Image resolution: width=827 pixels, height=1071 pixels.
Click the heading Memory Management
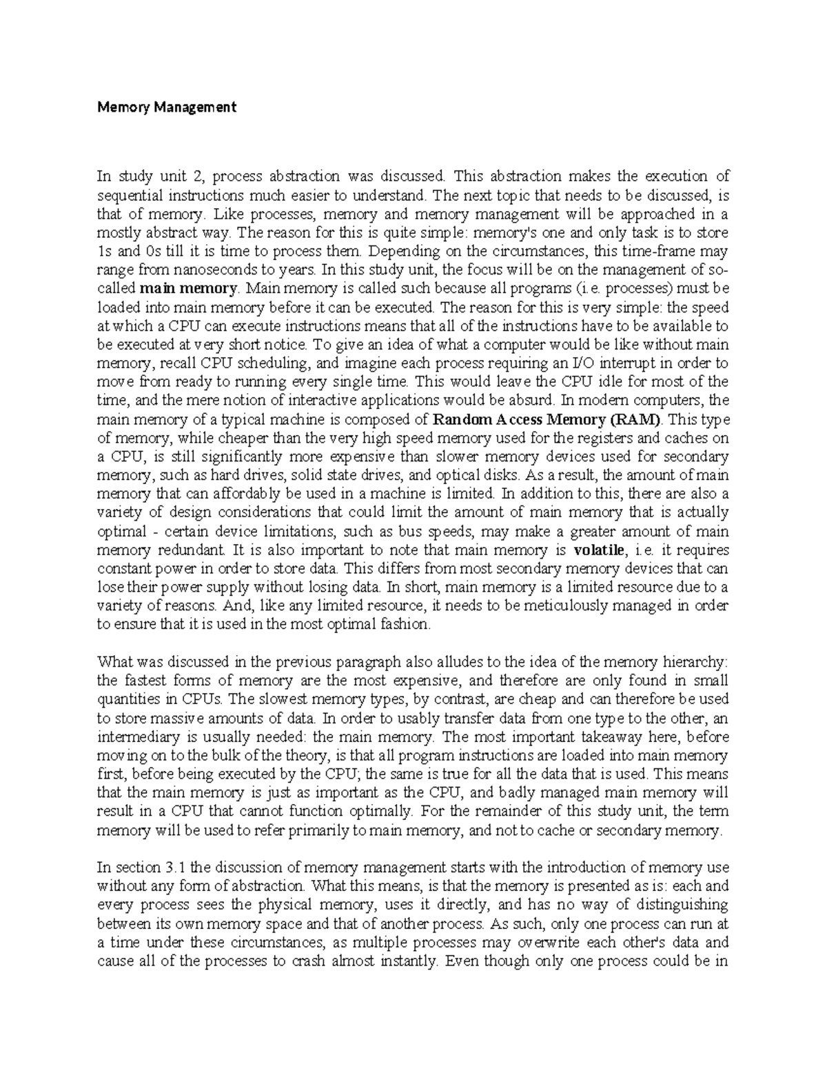coord(167,107)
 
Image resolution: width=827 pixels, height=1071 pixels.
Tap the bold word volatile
coord(600,550)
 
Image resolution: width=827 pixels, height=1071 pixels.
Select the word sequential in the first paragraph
coord(127,195)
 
